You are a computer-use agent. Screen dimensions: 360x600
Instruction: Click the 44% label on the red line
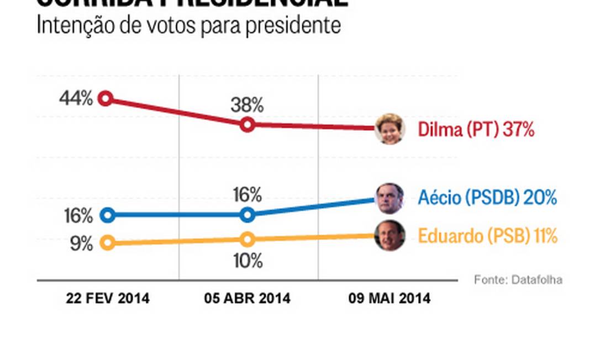point(77,99)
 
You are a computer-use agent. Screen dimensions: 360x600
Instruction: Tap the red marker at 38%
point(248,125)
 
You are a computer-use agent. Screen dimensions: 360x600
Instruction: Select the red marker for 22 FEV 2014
point(106,99)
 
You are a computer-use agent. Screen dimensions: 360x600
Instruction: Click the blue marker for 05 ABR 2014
point(248,215)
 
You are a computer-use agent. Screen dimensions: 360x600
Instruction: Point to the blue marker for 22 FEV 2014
point(108,215)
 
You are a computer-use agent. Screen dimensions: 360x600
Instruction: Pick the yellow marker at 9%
point(109,242)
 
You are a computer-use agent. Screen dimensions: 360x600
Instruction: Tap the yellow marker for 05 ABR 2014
point(248,239)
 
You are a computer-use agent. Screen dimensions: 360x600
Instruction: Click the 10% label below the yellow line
point(247,261)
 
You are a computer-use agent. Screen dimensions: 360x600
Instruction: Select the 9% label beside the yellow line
point(82,243)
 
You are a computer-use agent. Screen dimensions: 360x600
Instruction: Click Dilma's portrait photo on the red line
point(390,129)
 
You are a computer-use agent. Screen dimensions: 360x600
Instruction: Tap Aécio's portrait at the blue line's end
point(390,198)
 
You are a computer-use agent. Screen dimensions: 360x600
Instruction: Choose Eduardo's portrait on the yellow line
point(390,236)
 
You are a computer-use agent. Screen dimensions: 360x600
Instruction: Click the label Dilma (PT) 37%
point(476,130)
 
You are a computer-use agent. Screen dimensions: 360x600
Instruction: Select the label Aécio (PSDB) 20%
point(487,198)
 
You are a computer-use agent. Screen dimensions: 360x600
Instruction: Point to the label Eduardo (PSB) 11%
point(487,236)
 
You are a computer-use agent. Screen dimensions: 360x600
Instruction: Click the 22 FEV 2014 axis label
point(108,299)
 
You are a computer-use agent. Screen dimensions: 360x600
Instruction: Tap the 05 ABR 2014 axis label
point(247,299)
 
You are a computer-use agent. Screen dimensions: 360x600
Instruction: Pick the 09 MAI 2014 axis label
point(390,299)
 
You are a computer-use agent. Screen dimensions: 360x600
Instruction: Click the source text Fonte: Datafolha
point(518,280)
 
